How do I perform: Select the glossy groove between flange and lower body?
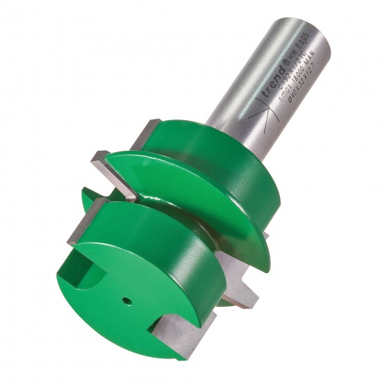(x=174, y=208)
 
